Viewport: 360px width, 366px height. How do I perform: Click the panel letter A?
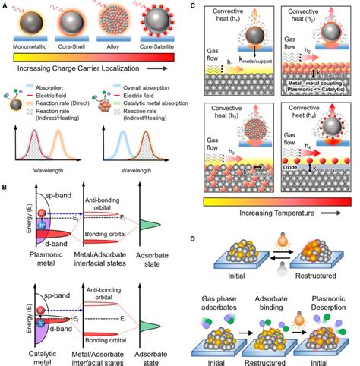7,5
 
